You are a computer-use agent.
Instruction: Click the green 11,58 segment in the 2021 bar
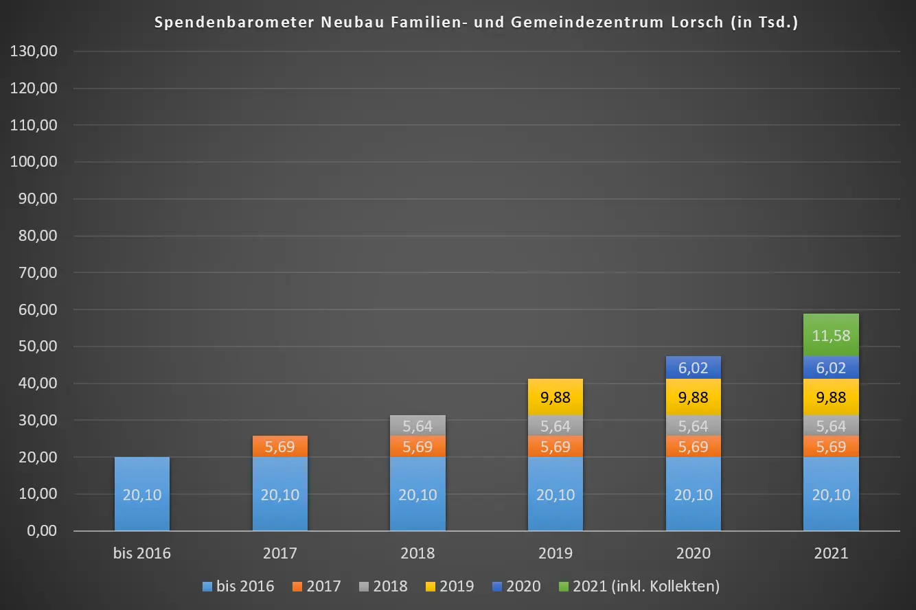pos(831,336)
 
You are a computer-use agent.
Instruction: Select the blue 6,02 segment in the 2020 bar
pos(694,368)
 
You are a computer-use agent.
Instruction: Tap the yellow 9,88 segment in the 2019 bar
pos(556,397)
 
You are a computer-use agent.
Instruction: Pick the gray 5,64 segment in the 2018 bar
pos(417,425)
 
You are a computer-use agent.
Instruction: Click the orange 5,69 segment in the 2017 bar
pos(280,447)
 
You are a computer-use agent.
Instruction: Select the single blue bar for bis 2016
pos(142,494)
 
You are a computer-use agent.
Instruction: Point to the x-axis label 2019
pos(556,553)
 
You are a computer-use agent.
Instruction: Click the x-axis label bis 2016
pos(142,553)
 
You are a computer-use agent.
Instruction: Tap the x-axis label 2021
pos(831,553)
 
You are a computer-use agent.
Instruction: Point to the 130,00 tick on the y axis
pos(35,51)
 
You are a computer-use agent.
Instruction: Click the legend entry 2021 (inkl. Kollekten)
pos(645,586)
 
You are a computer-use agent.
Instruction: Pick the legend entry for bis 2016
pos(244,586)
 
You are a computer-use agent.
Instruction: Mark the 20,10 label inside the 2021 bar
pos(831,495)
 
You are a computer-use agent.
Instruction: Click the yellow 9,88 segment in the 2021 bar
pos(831,397)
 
